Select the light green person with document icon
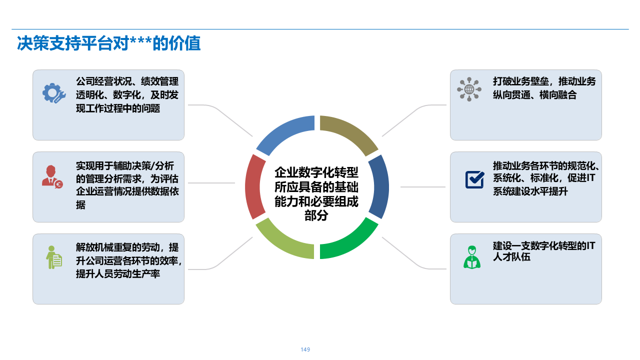click(x=53, y=257)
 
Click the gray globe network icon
click(x=469, y=89)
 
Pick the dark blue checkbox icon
click(x=474, y=179)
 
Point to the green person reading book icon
click(x=471, y=257)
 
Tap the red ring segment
click(x=253, y=186)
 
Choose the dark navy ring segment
click(x=380, y=186)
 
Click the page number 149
click(x=305, y=349)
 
